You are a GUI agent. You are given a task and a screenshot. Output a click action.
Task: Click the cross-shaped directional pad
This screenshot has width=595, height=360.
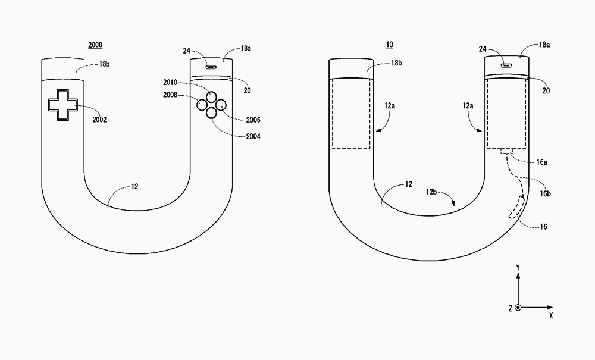63,105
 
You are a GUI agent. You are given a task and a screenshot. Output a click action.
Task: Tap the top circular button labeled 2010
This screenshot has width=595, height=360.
211,97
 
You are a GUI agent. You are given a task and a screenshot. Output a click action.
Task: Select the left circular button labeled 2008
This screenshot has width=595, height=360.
202,104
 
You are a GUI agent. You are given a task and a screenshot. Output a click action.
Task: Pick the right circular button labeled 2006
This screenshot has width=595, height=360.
221,105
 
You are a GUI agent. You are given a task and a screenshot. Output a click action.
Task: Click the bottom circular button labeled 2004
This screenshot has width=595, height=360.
211,112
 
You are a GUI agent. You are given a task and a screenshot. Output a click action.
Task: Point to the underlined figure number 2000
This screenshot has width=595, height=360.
95,45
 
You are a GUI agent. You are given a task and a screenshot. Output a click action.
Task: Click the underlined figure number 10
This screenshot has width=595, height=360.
389,45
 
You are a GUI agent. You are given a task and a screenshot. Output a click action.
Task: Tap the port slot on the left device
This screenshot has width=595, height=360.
211,67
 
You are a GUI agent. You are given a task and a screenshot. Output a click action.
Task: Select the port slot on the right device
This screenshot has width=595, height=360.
505,65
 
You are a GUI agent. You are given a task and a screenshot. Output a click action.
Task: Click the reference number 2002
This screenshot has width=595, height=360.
99,120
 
